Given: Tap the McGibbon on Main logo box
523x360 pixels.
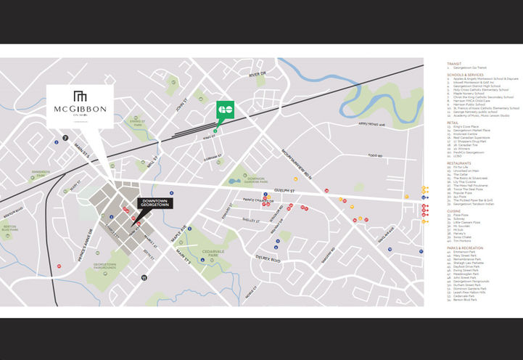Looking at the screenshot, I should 80,106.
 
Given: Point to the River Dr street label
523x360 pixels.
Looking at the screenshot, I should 258,74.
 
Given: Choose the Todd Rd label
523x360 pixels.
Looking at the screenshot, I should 374,155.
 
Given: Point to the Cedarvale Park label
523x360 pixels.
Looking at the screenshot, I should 208,255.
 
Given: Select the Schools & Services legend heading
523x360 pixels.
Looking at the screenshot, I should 465,74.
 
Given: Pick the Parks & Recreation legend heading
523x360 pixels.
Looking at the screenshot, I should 465,247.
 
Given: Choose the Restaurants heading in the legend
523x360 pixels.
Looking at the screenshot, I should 460,163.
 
